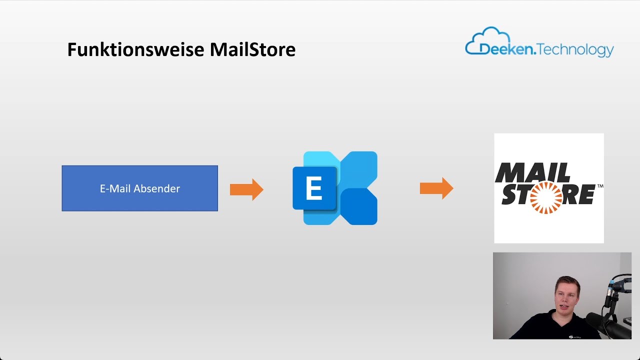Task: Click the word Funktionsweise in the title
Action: (136, 50)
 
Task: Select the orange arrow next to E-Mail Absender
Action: (246, 189)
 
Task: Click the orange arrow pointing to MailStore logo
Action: (436, 188)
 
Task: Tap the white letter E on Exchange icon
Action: (313, 189)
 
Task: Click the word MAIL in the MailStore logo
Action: (532, 173)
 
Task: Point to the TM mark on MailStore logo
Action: (600, 186)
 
